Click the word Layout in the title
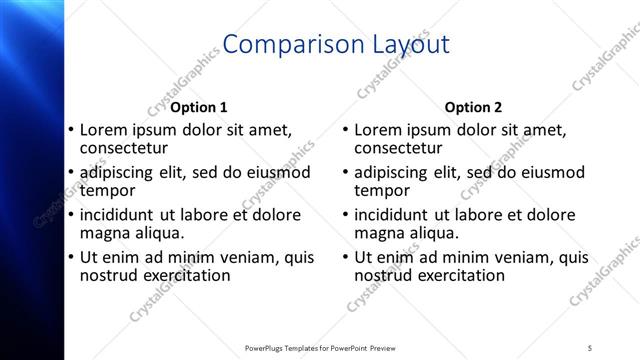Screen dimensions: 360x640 click(x=404, y=44)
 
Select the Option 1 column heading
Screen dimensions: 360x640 click(x=198, y=107)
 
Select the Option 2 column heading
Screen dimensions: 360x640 click(x=473, y=107)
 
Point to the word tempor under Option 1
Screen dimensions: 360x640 click(x=106, y=189)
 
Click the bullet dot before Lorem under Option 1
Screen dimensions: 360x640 click(x=70, y=130)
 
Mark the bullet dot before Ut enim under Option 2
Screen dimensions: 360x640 click(x=345, y=258)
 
